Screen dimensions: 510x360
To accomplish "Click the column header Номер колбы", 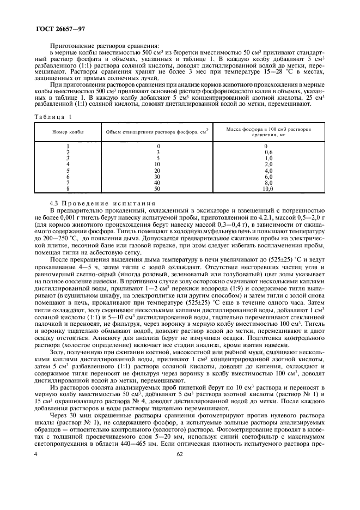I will [68, 132].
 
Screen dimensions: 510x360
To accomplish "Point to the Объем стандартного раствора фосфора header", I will [157, 132].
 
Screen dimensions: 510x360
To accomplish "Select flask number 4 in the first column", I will [68, 163].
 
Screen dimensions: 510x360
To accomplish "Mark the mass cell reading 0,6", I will [266, 152].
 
